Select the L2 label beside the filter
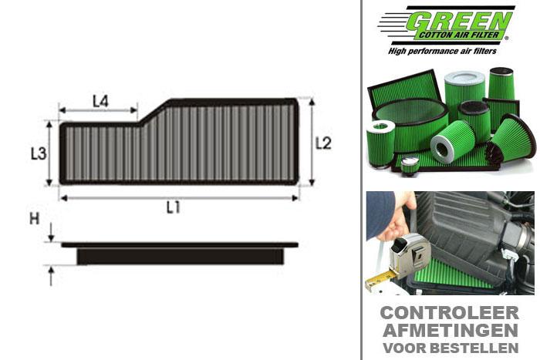(323, 143)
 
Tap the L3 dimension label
(39, 153)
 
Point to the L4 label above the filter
(100, 100)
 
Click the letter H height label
(34, 219)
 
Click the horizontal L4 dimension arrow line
(98, 111)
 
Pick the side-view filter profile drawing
(179, 253)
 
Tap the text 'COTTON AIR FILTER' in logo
(462, 35)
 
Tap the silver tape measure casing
(412, 251)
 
